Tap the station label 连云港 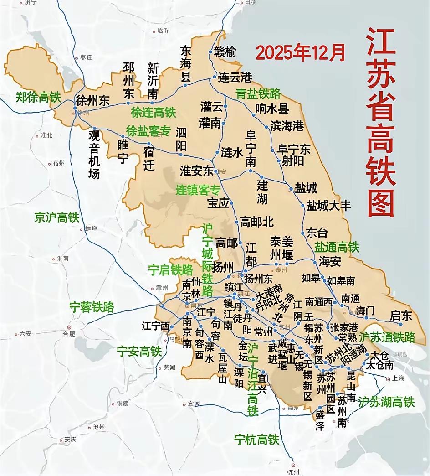[235, 77]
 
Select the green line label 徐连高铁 [153, 112]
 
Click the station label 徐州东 [93, 101]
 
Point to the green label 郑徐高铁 [38, 97]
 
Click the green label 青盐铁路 [258, 94]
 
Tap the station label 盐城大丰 [328, 205]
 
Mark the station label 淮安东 [197, 171]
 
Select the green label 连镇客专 [198, 190]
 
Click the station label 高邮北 [256, 222]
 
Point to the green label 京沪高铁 [57, 217]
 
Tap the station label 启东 [401, 316]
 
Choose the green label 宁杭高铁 [256, 440]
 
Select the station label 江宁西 [155, 326]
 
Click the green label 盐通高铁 [337, 247]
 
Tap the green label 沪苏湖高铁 [386, 402]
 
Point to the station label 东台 [317, 233]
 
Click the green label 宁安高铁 [139, 352]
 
